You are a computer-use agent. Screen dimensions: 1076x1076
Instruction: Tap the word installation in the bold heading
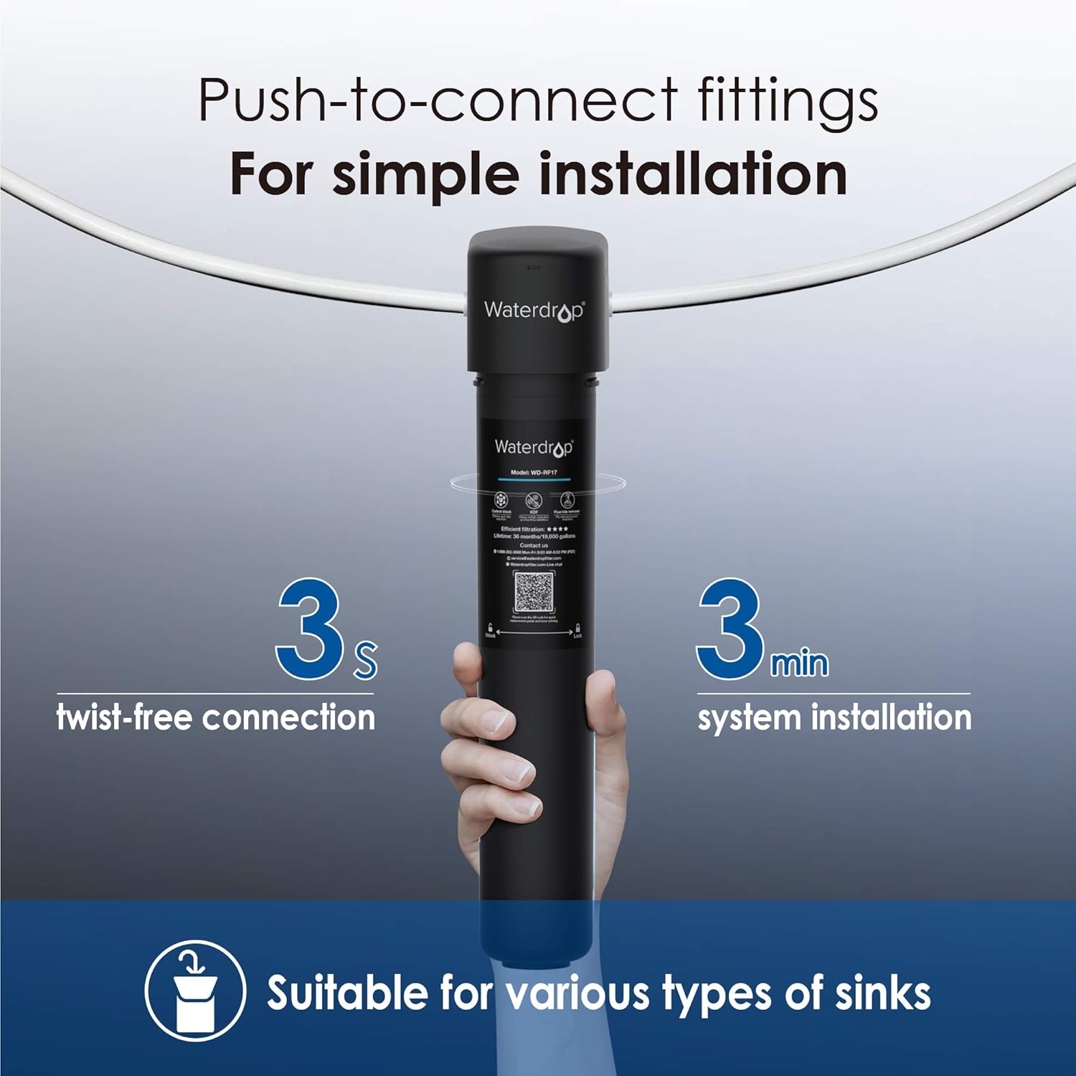pos(692,174)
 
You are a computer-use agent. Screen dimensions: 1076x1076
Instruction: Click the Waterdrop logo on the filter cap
pos(534,311)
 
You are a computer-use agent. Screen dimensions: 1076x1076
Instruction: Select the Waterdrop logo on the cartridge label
pos(534,448)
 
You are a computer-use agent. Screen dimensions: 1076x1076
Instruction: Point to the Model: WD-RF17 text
pos(534,473)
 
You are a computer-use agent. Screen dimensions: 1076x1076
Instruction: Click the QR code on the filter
pos(534,593)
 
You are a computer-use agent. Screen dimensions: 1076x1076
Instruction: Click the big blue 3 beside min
pos(730,630)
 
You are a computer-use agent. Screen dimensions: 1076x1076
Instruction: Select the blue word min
pos(799,664)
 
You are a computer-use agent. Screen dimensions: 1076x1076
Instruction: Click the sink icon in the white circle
pos(195,991)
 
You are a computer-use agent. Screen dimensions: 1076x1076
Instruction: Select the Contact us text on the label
pos(534,545)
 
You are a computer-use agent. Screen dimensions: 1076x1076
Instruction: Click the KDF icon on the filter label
pos(533,500)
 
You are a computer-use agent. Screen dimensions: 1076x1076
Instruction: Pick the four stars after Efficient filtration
pos(557,529)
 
